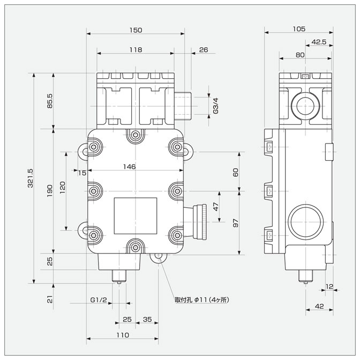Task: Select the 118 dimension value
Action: [136, 49]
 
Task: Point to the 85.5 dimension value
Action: [49, 101]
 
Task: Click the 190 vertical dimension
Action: [49, 191]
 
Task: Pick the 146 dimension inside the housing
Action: [129, 167]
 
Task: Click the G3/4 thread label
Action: [216, 106]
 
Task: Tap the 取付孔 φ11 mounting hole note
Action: [201, 299]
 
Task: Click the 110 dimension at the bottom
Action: [122, 335]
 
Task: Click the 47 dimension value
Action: [216, 206]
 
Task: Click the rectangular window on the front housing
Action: [136, 215]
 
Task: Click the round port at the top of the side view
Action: [305, 105]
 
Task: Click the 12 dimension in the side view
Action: [329, 286]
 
